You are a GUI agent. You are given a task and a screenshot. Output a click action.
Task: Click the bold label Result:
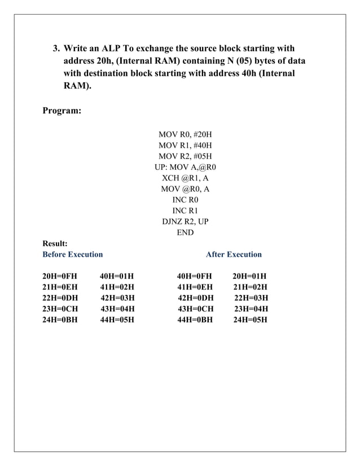coord(55,244)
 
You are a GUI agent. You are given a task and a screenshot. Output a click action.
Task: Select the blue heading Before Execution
coord(73,254)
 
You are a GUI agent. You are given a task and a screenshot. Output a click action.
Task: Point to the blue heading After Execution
coord(234,254)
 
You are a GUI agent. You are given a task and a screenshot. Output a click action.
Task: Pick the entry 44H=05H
coord(117,320)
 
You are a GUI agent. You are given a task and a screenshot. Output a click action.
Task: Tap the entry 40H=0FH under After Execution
coord(194,276)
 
